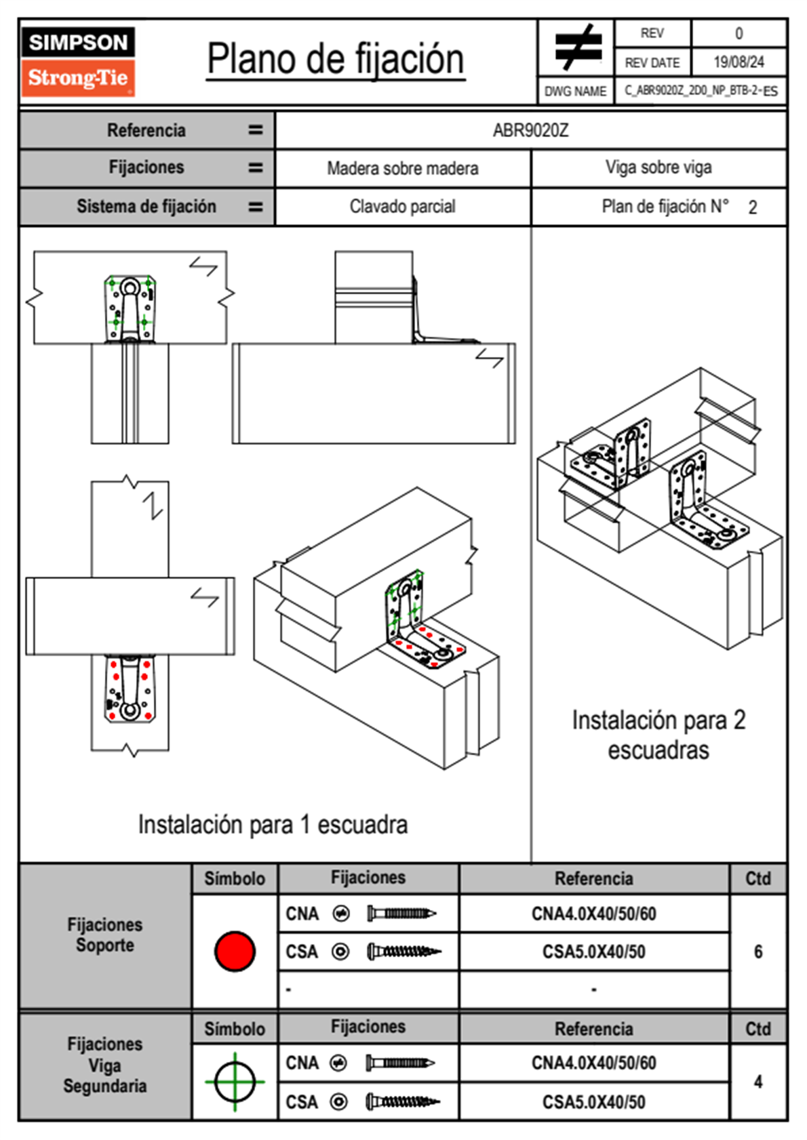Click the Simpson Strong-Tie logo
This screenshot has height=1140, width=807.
pyautogui.click(x=78, y=61)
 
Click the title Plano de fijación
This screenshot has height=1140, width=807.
pyautogui.click(x=336, y=60)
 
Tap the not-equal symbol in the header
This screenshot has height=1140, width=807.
pyautogui.click(x=577, y=47)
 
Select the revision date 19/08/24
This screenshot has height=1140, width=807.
pyautogui.click(x=739, y=62)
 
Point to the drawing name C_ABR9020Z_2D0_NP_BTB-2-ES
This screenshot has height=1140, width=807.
pyautogui.click(x=701, y=91)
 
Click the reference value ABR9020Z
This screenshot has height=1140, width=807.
pyautogui.click(x=530, y=130)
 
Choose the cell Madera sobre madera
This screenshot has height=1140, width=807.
pyautogui.click(x=403, y=168)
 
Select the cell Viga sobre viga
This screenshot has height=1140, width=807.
pyautogui.click(x=658, y=167)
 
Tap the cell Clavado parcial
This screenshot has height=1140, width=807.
pyautogui.click(x=403, y=206)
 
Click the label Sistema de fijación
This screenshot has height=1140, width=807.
pyautogui.click(x=146, y=206)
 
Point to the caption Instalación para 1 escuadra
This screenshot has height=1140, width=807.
pyautogui.click(x=273, y=825)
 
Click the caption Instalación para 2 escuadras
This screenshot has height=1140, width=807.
pyautogui.click(x=658, y=735)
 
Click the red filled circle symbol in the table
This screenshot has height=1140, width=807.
pyautogui.click(x=235, y=951)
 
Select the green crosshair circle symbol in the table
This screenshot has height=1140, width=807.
pyautogui.click(x=235, y=1082)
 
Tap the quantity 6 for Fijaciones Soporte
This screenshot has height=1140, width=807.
pyautogui.click(x=758, y=952)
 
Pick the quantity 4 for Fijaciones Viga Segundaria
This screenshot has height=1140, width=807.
pyautogui.click(x=758, y=1082)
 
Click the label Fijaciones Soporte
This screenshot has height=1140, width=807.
pyautogui.click(x=105, y=935)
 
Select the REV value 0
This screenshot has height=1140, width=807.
pyautogui.click(x=739, y=33)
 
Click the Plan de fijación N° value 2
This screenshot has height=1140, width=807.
pyautogui.click(x=753, y=207)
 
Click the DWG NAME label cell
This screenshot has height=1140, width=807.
pyautogui.click(x=576, y=91)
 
